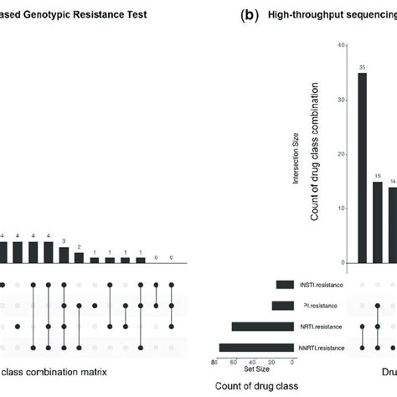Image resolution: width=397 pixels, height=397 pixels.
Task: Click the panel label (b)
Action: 224,15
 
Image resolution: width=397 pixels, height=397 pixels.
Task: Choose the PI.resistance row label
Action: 325,306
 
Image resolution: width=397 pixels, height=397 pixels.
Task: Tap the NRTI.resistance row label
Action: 322,327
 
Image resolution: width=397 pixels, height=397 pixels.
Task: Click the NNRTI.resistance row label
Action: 319,347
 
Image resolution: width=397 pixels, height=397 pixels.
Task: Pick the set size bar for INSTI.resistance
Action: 285,285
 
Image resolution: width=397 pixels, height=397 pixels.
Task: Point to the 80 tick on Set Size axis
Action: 216,361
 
